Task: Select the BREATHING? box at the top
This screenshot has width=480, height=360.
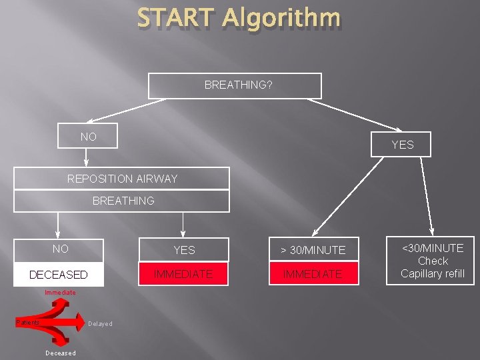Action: (x=235, y=86)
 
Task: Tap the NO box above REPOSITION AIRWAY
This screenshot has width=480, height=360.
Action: (x=88, y=137)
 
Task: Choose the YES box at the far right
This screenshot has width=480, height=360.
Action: (x=402, y=145)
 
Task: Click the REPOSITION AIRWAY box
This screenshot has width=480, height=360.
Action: (x=122, y=179)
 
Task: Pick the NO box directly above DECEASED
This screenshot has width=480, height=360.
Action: (x=60, y=249)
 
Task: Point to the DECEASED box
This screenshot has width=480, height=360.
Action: (x=59, y=274)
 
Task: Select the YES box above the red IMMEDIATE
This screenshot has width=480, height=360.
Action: (x=184, y=250)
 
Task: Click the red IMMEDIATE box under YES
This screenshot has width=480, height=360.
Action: (x=183, y=273)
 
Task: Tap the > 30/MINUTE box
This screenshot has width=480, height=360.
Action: (x=313, y=250)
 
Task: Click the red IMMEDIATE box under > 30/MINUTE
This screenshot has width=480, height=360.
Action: (x=313, y=273)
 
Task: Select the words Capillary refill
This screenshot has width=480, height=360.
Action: (x=433, y=273)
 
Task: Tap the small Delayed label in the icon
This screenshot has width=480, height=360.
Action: (x=100, y=324)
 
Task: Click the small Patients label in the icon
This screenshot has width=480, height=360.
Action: (x=28, y=323)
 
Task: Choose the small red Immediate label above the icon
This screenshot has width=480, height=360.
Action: (x=60, y=293)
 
